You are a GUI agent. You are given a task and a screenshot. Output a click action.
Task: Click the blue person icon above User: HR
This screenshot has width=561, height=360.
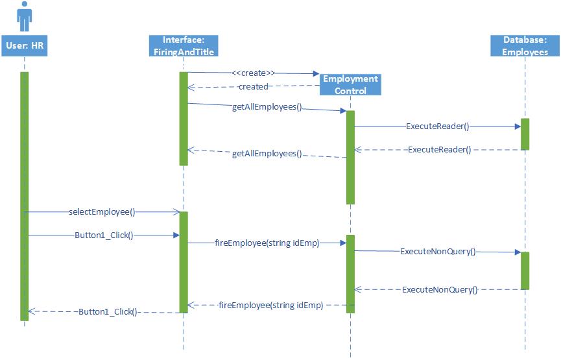[24, 16]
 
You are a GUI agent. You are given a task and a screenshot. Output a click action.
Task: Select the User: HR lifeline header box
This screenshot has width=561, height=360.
[24, 45]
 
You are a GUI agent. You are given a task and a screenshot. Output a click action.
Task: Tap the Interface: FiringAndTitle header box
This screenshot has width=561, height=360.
[184, 45]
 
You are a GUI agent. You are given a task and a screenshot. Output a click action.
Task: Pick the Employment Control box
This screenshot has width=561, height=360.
[350, 84]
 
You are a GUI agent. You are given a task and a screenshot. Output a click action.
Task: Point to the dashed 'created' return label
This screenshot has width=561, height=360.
[253, 86]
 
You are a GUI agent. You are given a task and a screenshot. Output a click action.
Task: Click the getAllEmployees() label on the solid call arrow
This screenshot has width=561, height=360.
[267, 107]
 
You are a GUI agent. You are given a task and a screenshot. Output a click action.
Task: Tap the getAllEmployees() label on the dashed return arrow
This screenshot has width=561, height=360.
[267, 154]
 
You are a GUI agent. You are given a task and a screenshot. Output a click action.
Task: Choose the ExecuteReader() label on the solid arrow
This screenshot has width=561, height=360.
[437, 126]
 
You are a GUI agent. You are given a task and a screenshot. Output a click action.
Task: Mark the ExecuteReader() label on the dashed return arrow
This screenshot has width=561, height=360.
[439, 150]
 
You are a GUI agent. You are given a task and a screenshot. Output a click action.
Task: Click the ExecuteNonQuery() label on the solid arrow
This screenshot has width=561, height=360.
[438, 251]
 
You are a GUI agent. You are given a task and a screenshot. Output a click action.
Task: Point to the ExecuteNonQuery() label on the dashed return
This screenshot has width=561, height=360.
[439, 290]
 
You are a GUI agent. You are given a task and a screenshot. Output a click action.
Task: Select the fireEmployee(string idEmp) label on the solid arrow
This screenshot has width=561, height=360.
[267, 243]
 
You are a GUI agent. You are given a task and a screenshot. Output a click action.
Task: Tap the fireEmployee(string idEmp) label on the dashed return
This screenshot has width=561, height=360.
[270, 304]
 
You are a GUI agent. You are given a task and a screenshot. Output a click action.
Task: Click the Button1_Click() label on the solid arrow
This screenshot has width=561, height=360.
[103, 235]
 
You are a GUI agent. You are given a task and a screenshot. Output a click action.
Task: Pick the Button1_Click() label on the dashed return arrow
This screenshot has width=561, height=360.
[108, 311]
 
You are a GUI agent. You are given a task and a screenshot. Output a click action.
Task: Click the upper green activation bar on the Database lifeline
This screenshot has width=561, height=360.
[525, 134]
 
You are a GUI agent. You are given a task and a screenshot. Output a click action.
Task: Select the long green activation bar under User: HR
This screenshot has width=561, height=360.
[24, 195]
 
